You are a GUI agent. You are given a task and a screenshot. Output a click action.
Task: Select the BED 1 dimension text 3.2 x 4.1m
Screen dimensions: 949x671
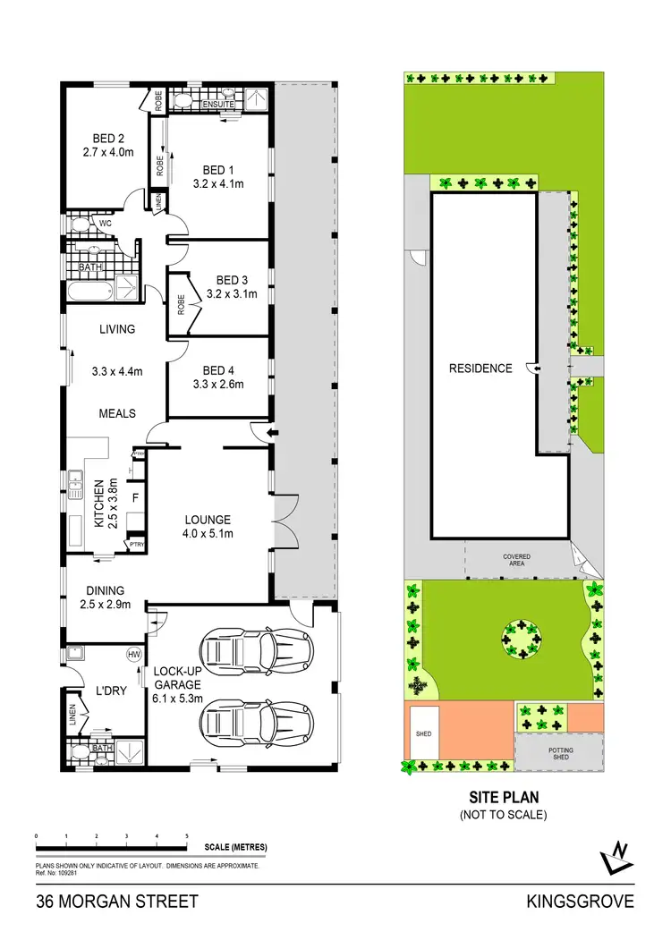[218, 184]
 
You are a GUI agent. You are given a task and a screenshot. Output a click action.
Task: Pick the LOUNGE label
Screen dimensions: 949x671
[208, 519]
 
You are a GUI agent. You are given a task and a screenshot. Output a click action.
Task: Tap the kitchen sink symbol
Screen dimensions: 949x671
[72, 486]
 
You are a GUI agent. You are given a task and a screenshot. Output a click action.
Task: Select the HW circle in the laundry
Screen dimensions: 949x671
[135, 654]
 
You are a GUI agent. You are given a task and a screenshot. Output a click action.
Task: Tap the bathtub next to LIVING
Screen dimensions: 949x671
[86, 289]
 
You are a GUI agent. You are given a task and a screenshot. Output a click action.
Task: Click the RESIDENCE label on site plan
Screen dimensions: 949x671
[480, 368]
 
